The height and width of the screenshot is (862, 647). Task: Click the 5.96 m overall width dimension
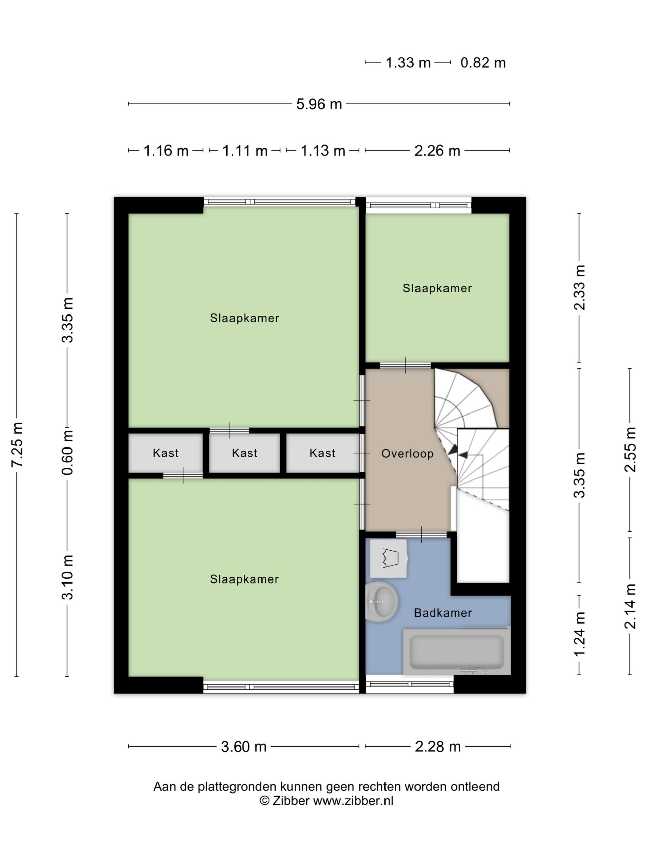319,104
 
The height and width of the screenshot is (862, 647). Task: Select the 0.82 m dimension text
483,63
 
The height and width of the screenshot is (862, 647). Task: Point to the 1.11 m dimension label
245,151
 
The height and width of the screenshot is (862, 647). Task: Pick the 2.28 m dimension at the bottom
438,747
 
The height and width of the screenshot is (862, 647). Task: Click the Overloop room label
407,453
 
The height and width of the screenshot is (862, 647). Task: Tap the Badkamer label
443,613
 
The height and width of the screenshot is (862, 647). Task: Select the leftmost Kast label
165,453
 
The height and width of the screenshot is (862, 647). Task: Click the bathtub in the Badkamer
457,652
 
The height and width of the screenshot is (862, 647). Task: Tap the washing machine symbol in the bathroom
389,558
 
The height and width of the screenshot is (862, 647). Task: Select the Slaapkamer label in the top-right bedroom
437,288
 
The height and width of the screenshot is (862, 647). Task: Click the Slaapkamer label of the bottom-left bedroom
244,579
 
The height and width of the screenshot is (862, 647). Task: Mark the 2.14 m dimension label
630,606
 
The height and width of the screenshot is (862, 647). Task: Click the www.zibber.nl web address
353,800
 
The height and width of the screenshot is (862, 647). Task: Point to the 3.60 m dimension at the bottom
244,747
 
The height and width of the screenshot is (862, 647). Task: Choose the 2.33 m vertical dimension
580,288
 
